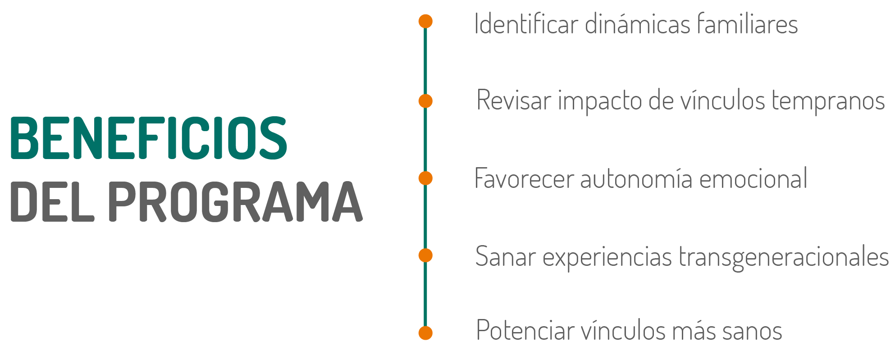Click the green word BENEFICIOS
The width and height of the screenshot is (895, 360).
coord(148,138)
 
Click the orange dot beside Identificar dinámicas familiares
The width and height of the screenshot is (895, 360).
coord(425,21)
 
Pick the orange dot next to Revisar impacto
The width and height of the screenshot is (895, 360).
coord(425,101)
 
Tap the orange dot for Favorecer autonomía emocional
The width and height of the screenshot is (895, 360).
coord(425,178)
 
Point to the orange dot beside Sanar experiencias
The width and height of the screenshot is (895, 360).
coord(425,255)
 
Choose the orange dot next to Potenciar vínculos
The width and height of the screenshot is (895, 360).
coord(425,333)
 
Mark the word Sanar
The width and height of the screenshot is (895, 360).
coord(505,256)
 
